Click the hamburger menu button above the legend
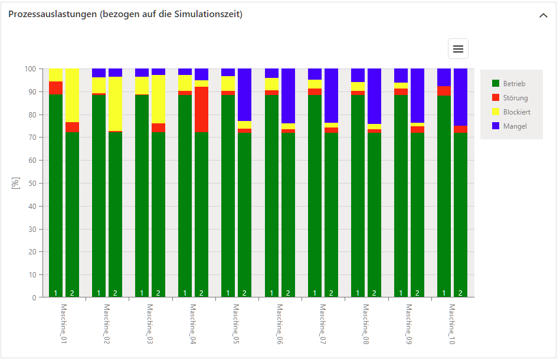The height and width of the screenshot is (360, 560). (x=458, y=49)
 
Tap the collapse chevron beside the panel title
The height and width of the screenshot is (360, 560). (x=543, y=15)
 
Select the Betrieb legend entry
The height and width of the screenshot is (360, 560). (x=513, y=84)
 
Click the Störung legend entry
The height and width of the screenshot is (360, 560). (x=515, y=98)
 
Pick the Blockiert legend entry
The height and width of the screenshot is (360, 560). (x=516, y=112)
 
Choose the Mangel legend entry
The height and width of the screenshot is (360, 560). (x=515, y=126)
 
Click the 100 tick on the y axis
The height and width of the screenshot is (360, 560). (x=31, y=69)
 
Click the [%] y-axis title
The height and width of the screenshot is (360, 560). (x=16, y=183)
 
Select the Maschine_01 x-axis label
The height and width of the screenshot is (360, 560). (x=64, y=324)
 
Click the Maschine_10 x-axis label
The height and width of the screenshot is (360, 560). (x=452, y=324)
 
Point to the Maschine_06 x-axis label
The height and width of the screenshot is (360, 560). (x=280, y=324)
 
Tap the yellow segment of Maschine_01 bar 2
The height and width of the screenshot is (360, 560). (x=72, y=95)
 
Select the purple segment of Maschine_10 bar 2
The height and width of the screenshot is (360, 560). (x=460, y=97)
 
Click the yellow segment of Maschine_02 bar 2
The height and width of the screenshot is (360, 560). (x=115, y=104)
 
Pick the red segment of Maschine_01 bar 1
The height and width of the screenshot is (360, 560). (x=56, y=88)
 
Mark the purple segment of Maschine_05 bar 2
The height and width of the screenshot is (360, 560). (x=244, y=94)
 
